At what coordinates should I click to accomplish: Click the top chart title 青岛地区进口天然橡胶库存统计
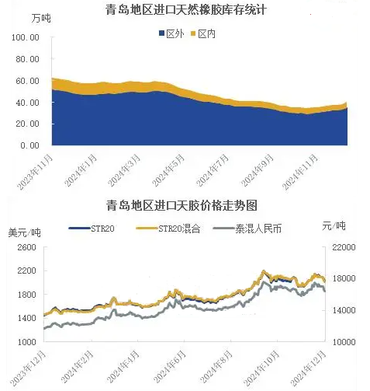pos(186,10)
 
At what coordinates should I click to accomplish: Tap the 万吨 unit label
pos(41,18)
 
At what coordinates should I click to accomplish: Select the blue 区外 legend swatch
pos(162,33)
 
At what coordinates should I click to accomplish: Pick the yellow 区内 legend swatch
pos(193,33)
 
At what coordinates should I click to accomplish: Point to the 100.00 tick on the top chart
pos(26,37)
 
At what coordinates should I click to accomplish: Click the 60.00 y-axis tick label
pos(27,81)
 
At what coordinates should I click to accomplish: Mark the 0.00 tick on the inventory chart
pos(30,145)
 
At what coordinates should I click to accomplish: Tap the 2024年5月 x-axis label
pos(168,170)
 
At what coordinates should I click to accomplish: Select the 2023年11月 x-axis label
pos(35,172)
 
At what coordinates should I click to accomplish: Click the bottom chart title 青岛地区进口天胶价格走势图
pos(182,206)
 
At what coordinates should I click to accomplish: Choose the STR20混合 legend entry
pos(168,229)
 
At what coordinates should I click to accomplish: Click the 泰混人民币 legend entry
pos(247,229)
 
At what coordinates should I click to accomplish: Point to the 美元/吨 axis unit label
pos(25,232)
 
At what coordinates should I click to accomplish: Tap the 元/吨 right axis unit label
pos(334,226)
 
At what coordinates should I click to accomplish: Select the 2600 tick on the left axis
pos(27,247)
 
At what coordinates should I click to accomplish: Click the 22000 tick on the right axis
pos(344,247)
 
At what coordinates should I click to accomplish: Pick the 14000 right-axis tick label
pos(344,310)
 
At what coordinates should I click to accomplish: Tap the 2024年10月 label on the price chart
pos(261,368)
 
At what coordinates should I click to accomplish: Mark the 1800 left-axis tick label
pos(27,295)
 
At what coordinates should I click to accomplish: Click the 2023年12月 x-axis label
pos(28,368)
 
